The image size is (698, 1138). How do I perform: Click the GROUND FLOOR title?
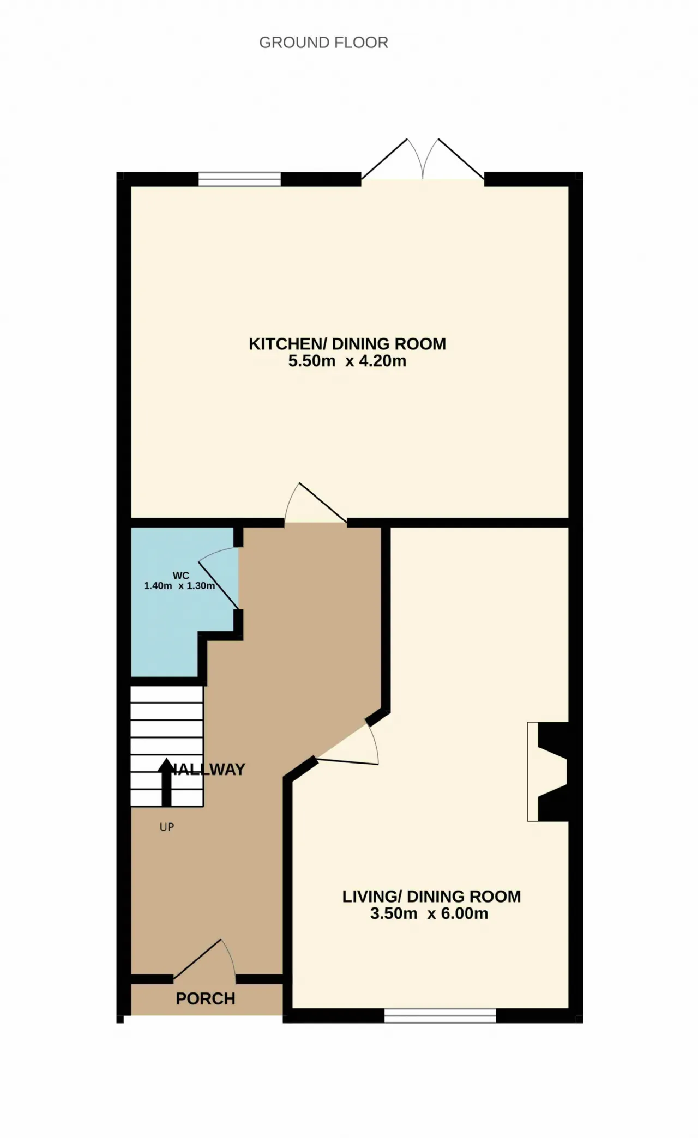coord(323,43)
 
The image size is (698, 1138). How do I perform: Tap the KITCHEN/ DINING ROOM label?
coord(347,344)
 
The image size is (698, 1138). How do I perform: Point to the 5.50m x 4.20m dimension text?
coord(347,361)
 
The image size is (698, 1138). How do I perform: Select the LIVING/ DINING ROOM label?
coord(431,897)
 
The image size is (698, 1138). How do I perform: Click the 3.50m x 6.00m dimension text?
coord(429,914)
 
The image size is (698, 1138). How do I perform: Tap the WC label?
coord(181,576)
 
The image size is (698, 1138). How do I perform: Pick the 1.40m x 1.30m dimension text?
coord(179,586)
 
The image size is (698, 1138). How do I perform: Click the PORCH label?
coord(206,998)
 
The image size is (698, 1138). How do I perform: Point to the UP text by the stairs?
coord(167,827)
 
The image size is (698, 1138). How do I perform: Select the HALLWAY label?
coord(208,769)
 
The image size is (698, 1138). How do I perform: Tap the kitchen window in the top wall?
coord(239,179)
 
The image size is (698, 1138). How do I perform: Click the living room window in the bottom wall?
coord(440,1015)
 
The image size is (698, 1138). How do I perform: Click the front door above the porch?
coord(204,958)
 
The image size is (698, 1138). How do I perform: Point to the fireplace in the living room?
coord(548,771)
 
